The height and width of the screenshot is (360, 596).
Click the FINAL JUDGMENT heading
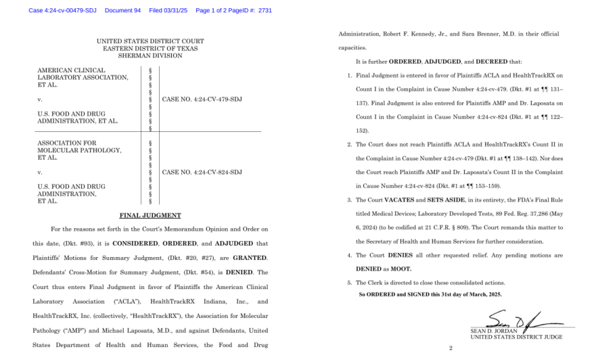tap(150, 215)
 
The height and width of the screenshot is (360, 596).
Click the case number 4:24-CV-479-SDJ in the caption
tap(202, 99)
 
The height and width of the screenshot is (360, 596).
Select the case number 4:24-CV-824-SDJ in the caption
tap(202, 172)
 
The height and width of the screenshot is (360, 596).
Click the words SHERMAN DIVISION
tap(150, 56)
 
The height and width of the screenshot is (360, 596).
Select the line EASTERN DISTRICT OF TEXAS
tap(150, 49)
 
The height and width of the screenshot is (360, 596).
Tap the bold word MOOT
tap(399, 269)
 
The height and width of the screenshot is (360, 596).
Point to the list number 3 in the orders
tap(349, 200)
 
